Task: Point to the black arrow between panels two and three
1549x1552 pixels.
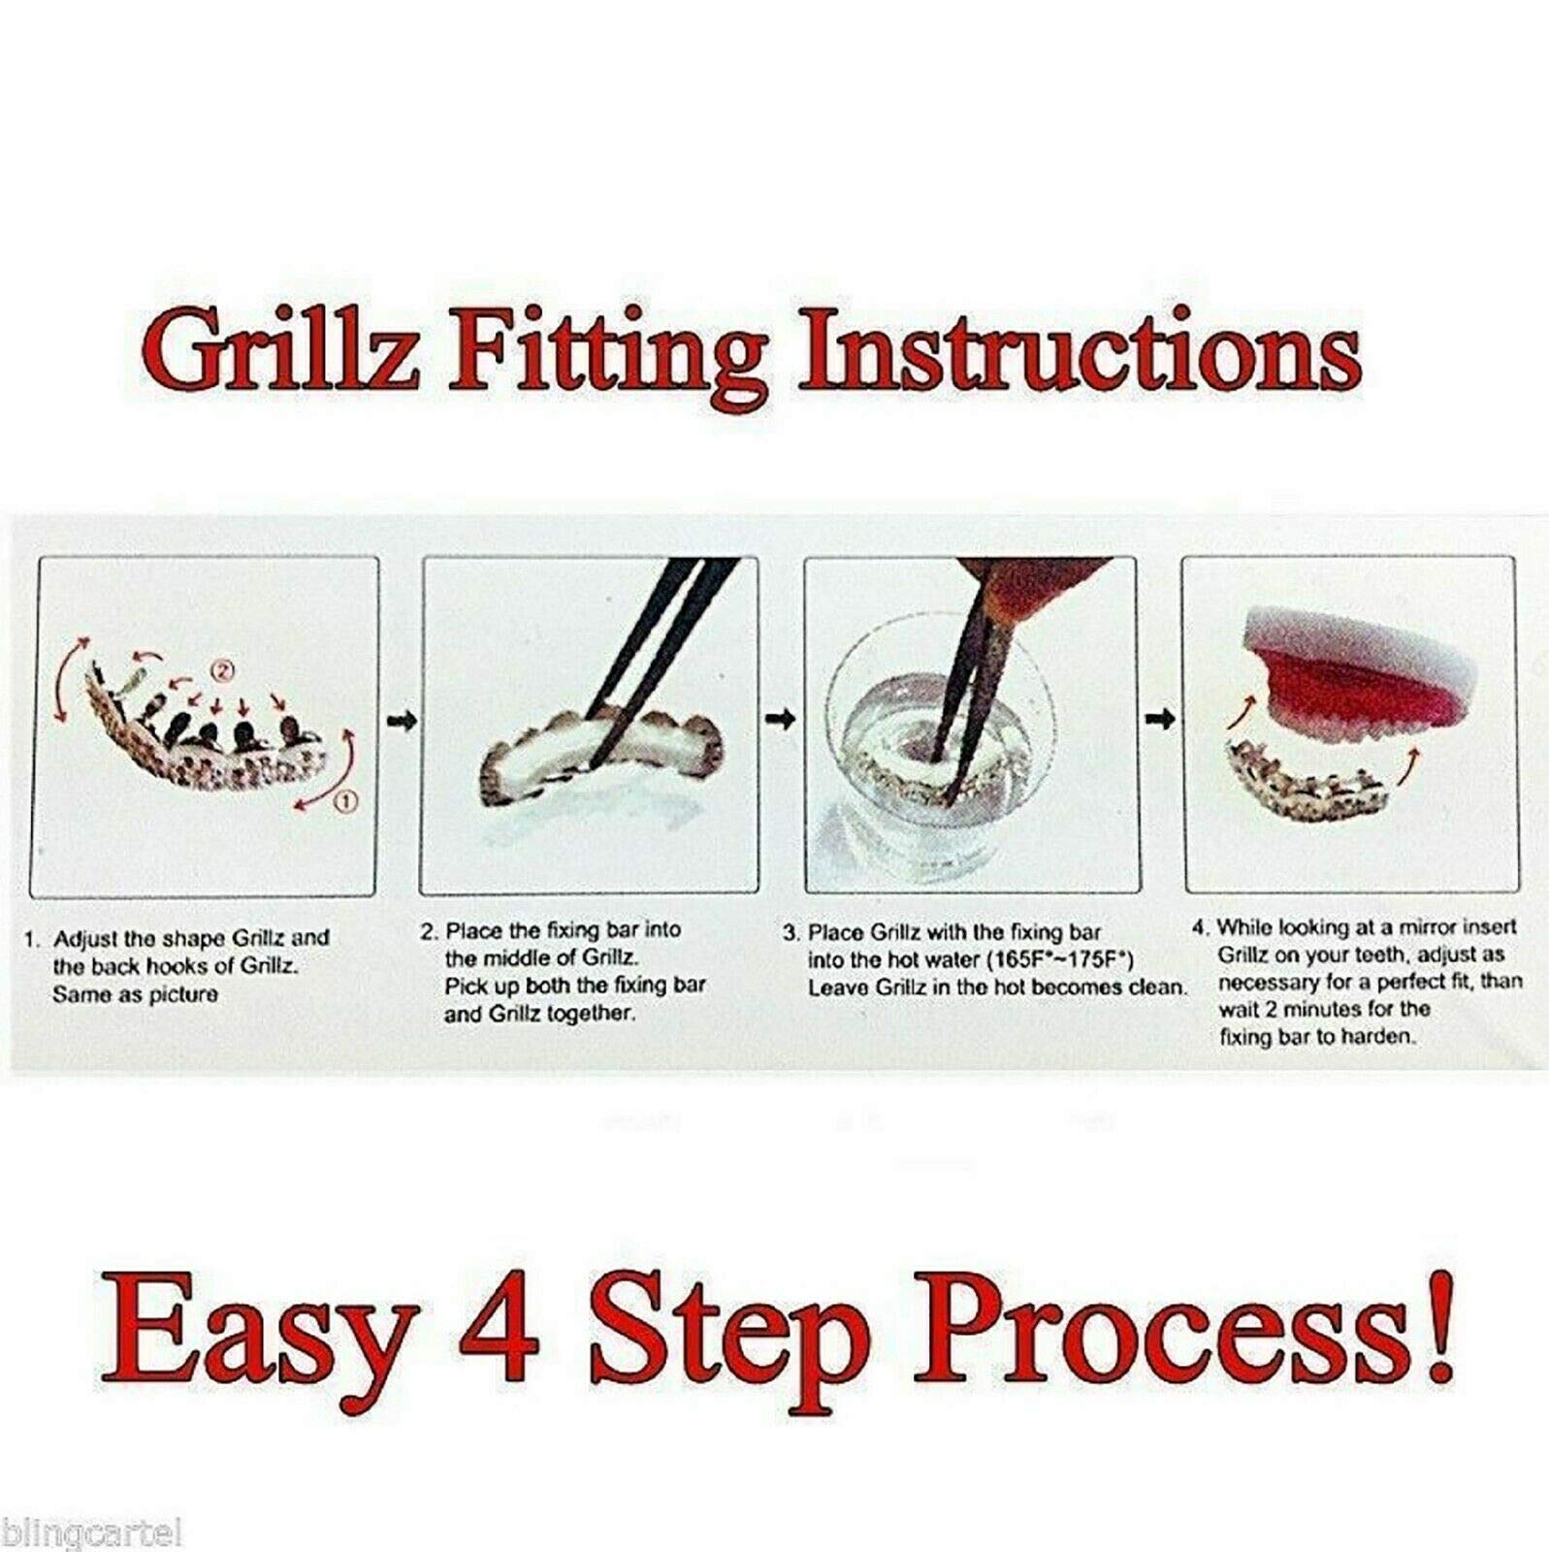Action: tap(782, 719)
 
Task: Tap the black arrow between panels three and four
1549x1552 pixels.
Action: tap(1161, 719)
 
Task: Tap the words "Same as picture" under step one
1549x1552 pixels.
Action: tap(136, 994)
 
